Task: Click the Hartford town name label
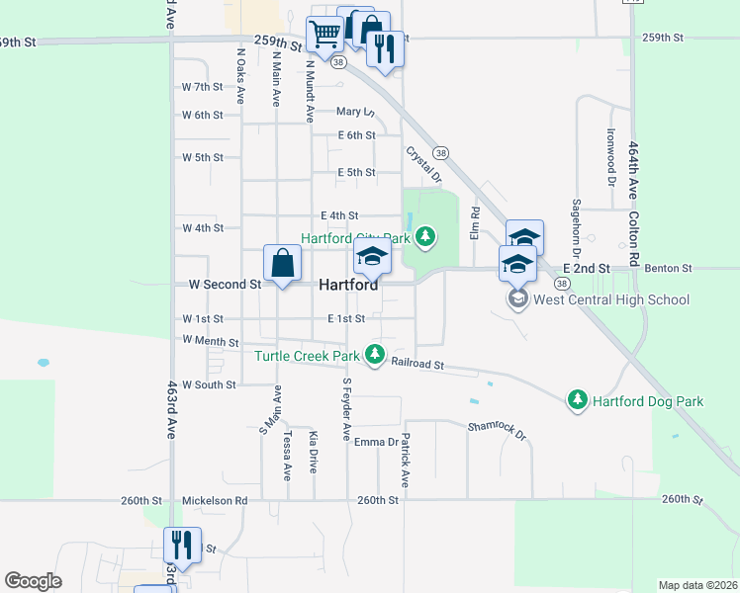tap(348, 285)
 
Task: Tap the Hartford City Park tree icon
tap(425, 235)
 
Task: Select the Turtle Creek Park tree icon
tap(374, 353)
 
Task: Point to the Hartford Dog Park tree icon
tap(578, 399)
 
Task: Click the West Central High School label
tap(611, 299)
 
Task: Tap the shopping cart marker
tap(324, 35)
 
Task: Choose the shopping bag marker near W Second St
tap(282, 263)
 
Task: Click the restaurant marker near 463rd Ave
tap(181, 544)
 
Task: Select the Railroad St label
tap(417, 364)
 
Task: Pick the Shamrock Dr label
tap(500, 430)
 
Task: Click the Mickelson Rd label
tap(215, 500)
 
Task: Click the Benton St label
tap(665, 268)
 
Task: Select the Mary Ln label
tap(355, 113)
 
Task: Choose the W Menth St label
tap(211, 341)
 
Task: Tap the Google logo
tap(33, 581)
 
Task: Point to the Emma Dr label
tap(376, 442)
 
